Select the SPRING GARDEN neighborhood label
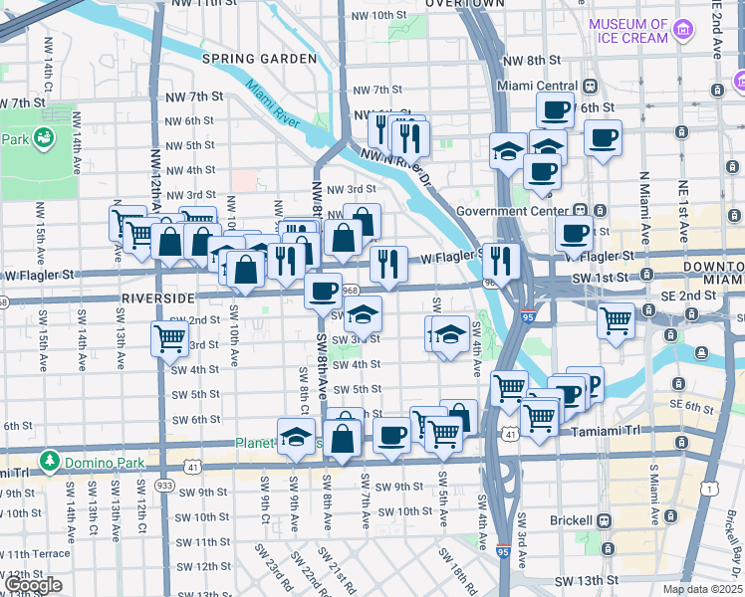coord(259,59)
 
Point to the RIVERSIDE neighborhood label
coord(157,298)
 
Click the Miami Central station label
coord(543,86)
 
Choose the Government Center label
coord(510,211)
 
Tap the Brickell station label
coord(574,520)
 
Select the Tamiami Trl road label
coord(609,432)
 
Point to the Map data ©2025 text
coord(702,589)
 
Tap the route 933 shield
coord(163,485)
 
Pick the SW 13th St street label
coord(586,580)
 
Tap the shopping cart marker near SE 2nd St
coord(617,320)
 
